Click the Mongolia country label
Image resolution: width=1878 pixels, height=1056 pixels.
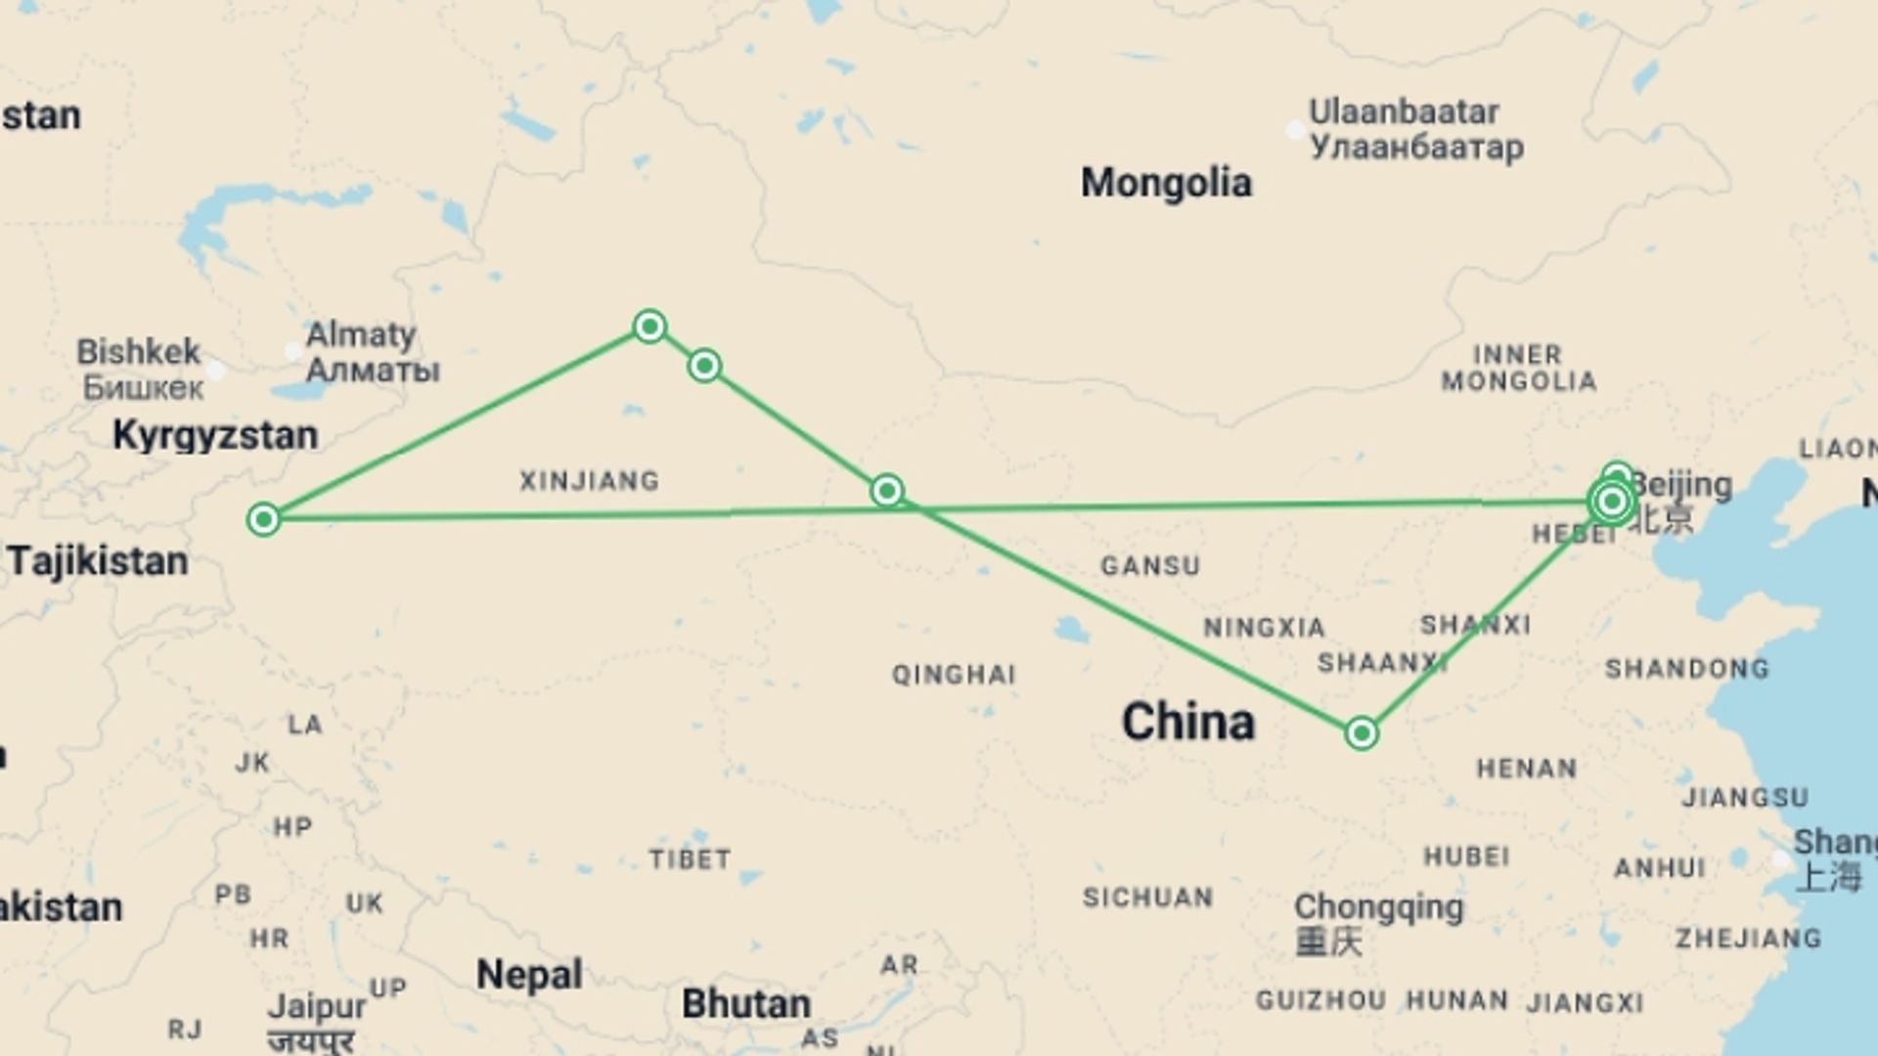(x=1166, y=183)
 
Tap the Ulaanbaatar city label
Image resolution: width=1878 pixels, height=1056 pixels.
(x=1404, y=111)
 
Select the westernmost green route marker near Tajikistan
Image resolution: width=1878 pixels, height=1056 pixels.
(x=263, y=519)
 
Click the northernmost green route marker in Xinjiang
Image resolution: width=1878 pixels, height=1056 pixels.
(x=649, y=326)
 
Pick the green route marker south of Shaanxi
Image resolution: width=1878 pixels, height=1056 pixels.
(x=1362, y=733)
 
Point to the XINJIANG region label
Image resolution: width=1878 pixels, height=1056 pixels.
(x=589, y=481)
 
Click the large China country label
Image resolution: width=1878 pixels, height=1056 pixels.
(x=1187, y=723)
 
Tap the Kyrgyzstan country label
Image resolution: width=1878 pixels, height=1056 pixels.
(x=215, y=435)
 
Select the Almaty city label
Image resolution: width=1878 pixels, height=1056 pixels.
(x=361, y=334)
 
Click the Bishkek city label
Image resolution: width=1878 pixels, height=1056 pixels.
(x=138, y=352)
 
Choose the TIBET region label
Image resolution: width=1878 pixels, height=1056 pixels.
(x=690, y=859)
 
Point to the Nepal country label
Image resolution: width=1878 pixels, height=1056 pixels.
(x=529, y=975)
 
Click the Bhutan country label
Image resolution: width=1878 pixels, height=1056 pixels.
(x=746, y=1004)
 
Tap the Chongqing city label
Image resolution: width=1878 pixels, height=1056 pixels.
(x=1378, y=907)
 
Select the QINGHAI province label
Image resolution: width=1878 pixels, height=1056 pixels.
(x=954, y=675)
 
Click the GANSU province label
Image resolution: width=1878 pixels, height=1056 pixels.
(x=1150, y=566)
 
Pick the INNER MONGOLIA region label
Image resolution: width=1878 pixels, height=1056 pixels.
(x=1518, y=368)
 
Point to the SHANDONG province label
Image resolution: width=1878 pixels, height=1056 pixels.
(x=1687, y=669)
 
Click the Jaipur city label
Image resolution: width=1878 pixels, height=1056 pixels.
(x=317, y=1006)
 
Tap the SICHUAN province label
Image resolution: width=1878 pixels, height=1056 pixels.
(x=1147, y=898)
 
